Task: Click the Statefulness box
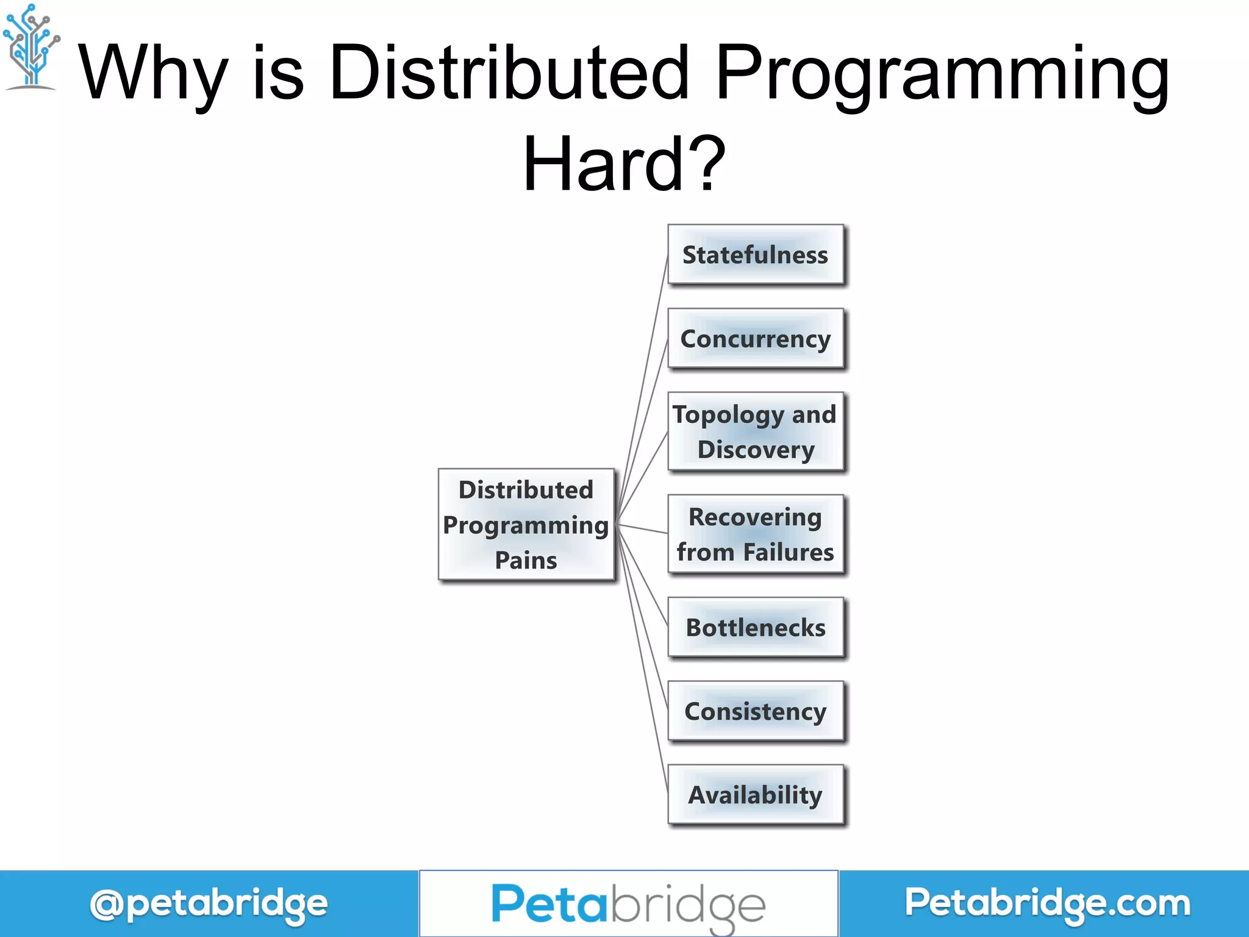(755, 254)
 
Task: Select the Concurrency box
(755, 339)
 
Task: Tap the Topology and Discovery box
(755, 431)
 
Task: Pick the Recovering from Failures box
(755, 534)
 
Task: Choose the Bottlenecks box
(755, 627)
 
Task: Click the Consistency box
(755, 711)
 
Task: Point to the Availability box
(755, 795)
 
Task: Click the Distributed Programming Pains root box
(526, 525)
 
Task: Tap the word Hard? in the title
(624, 163)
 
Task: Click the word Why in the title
(152, 73)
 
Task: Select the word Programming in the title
(942, 73)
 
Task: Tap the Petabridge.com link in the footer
(1047, 903)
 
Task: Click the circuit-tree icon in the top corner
(30, 46)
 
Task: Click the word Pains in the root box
(526, 560)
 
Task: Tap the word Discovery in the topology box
(756, 450)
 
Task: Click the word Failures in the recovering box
(788, 552)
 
